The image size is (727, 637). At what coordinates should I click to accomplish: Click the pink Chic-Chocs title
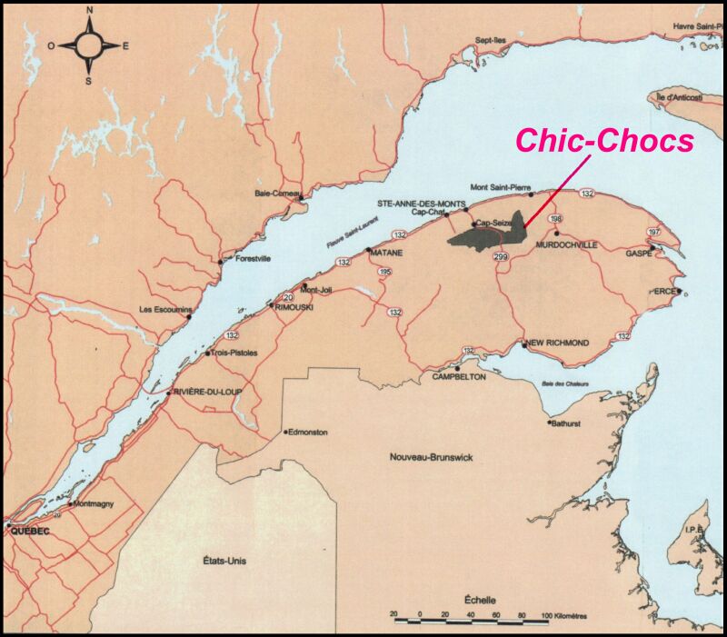(x=605, y=140)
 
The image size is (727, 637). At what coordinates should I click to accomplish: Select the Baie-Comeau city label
(x=276, y=194)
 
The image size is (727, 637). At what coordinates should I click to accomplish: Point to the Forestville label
(x=254, y=257)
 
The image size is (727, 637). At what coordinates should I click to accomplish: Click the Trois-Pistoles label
(x=235, y=352)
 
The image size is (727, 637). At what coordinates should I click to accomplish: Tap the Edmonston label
(x=308, y=433)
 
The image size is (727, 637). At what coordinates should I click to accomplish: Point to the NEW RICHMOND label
(x=559, y=343)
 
